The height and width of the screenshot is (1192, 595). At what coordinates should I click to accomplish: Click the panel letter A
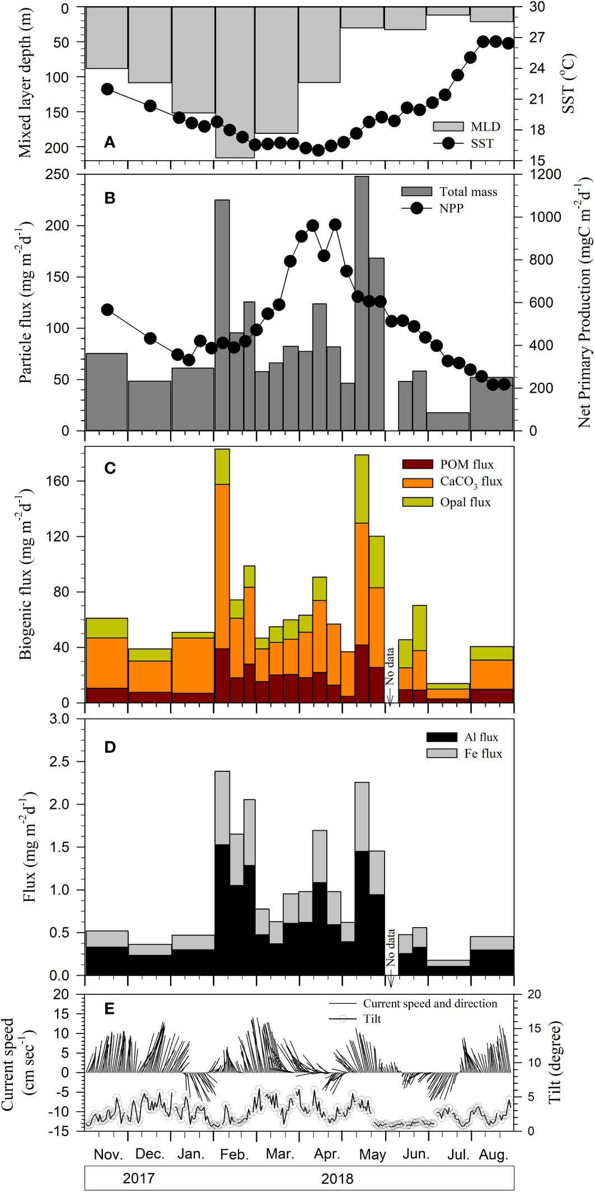pos(110,142)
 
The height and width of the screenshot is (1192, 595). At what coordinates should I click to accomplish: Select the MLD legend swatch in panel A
pos(448,127)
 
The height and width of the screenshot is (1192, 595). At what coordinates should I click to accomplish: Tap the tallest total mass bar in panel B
pos(362,302)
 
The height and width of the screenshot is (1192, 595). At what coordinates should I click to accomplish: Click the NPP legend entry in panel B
pos(451,208)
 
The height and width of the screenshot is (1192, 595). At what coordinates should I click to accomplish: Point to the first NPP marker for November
pos(107,310)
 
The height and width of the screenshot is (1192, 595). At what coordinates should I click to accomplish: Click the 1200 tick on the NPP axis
pos(545,174)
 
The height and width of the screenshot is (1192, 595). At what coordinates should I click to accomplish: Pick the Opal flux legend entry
pos(465,502)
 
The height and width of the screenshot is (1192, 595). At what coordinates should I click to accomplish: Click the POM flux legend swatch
pos(418,464)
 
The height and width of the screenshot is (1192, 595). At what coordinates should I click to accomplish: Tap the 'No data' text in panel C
pos(390,667)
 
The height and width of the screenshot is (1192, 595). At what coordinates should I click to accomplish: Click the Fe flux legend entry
pos(482,753)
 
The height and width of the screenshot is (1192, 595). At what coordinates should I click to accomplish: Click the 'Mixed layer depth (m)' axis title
pos(25,83)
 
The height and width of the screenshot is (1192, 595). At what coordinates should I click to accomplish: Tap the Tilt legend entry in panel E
pos(372,1018)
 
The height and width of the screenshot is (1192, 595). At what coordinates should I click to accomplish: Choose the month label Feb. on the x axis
pos(234,1155)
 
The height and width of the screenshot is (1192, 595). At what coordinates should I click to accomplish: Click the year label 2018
pos(337,1178)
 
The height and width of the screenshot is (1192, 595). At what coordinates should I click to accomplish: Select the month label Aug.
pos(493,1155)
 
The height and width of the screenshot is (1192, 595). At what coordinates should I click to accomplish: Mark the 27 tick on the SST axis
pos(537,37)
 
